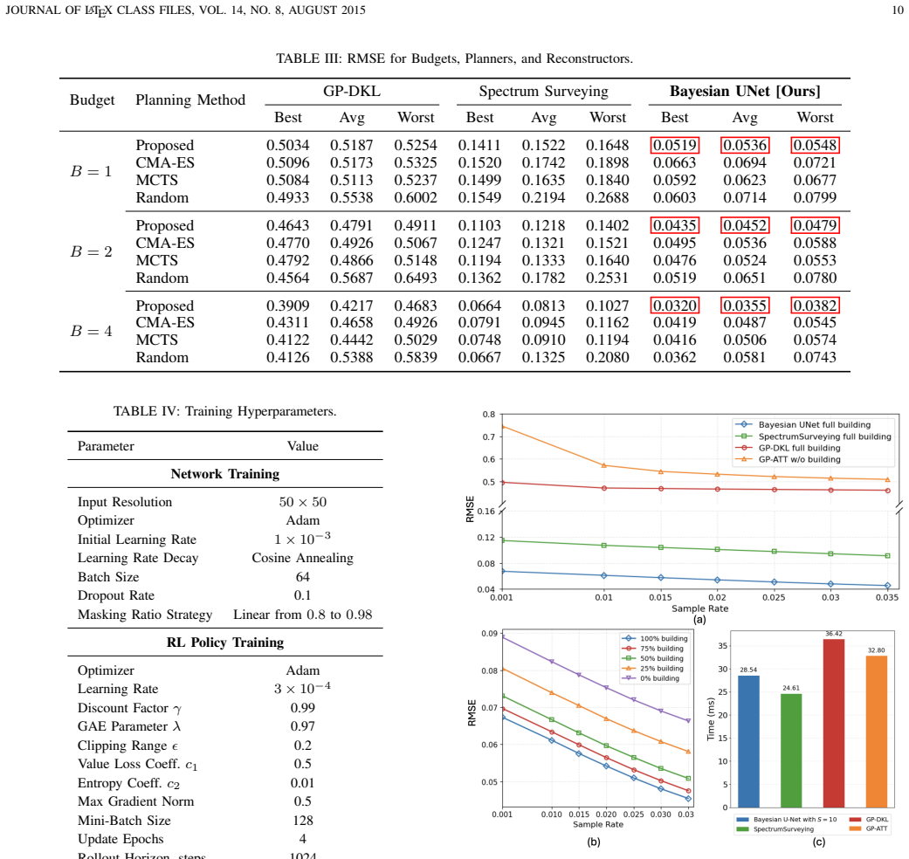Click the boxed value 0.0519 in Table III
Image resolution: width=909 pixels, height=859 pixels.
[675, 145]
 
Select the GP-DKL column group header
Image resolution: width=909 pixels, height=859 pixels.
[352, 91]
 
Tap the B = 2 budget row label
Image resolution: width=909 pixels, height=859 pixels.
[91, 251]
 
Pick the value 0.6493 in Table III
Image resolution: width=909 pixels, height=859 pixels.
[416, 278]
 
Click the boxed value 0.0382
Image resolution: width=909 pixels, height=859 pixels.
[815, 306]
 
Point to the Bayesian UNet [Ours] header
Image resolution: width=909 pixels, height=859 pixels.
[745, 91]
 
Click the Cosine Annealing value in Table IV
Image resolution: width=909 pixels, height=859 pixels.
[303, 558]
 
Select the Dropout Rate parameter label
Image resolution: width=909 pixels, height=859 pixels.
[116, 595]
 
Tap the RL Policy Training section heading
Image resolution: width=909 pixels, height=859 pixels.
[225, 643]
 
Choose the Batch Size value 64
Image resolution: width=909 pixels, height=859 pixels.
[303, 577]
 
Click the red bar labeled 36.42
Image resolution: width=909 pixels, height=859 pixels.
[834, 724]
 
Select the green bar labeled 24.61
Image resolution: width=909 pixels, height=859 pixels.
[791, 751]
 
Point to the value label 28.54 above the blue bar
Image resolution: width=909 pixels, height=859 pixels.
[748, 670]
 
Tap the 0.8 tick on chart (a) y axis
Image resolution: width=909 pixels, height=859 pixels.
[489, 415]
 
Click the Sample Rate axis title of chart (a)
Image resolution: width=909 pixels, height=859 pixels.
[699, 608]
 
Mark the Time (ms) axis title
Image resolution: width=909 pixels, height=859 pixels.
[711, 718]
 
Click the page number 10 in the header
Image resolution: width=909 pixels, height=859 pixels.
[898, 10]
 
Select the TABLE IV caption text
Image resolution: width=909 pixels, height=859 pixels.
[225, 411]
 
